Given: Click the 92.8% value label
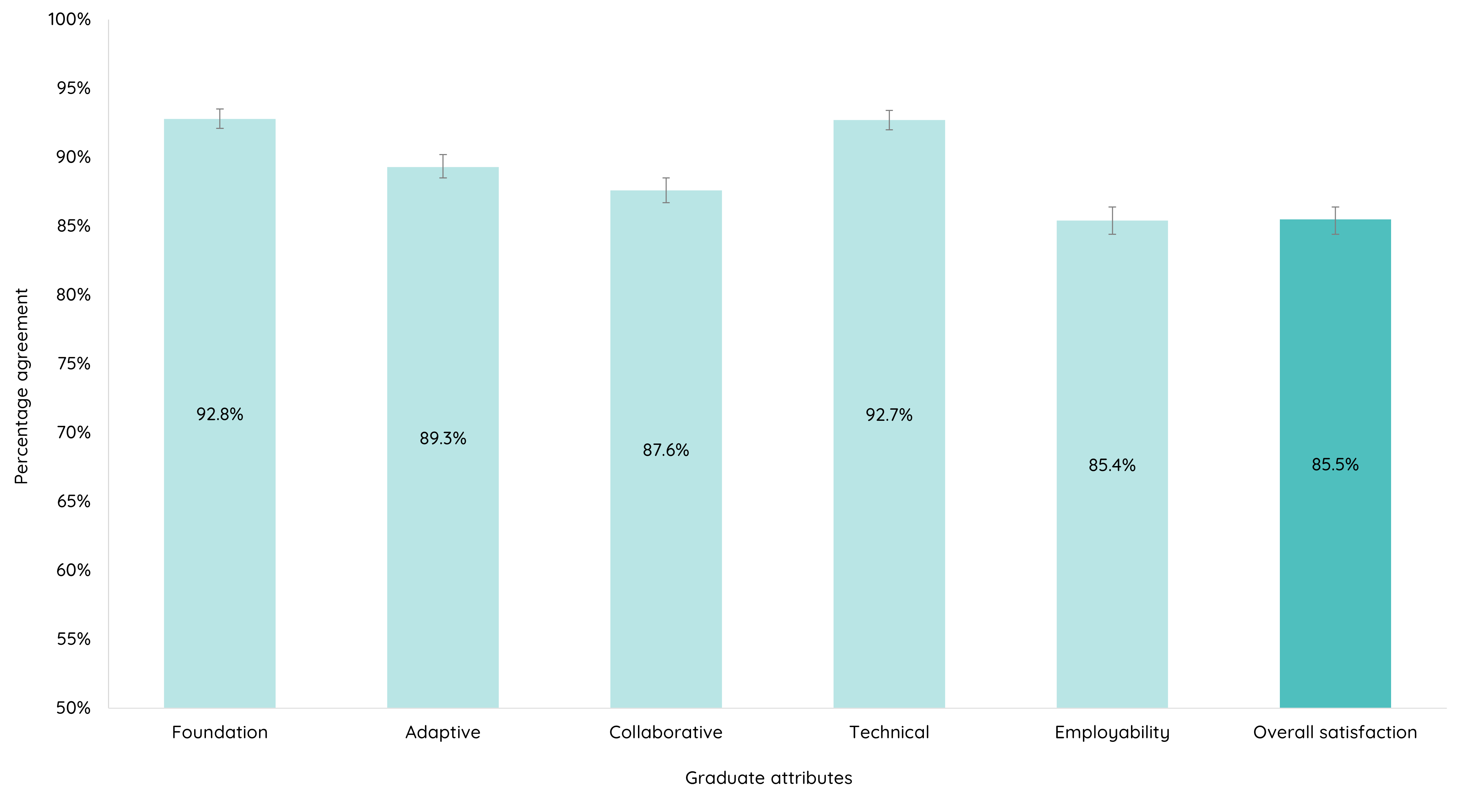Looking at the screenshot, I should (x=220, y=414).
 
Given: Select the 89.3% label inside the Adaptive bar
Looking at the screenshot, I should (x=442, y=438).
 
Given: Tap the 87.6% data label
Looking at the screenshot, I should (x=665, y=450).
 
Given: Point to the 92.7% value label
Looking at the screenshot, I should (x=889, y=415).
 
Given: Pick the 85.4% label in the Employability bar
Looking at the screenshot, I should (x=1112, y=465).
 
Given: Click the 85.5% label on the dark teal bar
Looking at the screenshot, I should (x=1335, y=464).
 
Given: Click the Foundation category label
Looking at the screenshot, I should (x=220, y=732).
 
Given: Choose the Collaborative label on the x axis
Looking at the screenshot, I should (x=665, y=732).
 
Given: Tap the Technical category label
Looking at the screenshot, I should (x=889, y=732).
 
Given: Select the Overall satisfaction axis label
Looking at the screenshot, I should (x=1335, y=732).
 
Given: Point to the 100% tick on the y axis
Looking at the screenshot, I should (x=69, y=19).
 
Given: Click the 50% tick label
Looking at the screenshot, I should (x=73, y=708).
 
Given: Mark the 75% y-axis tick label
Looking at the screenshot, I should (x=73, y=364).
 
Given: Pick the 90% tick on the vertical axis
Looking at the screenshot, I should (x=73, y=157).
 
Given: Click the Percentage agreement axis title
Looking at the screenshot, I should (x=21, y=386).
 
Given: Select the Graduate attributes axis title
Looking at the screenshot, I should (x=768, y=778).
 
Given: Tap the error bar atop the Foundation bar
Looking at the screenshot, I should (x=220, y=118).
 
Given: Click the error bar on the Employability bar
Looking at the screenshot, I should (x=1112, y=220).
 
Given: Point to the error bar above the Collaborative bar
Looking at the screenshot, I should (x=665, y=190).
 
